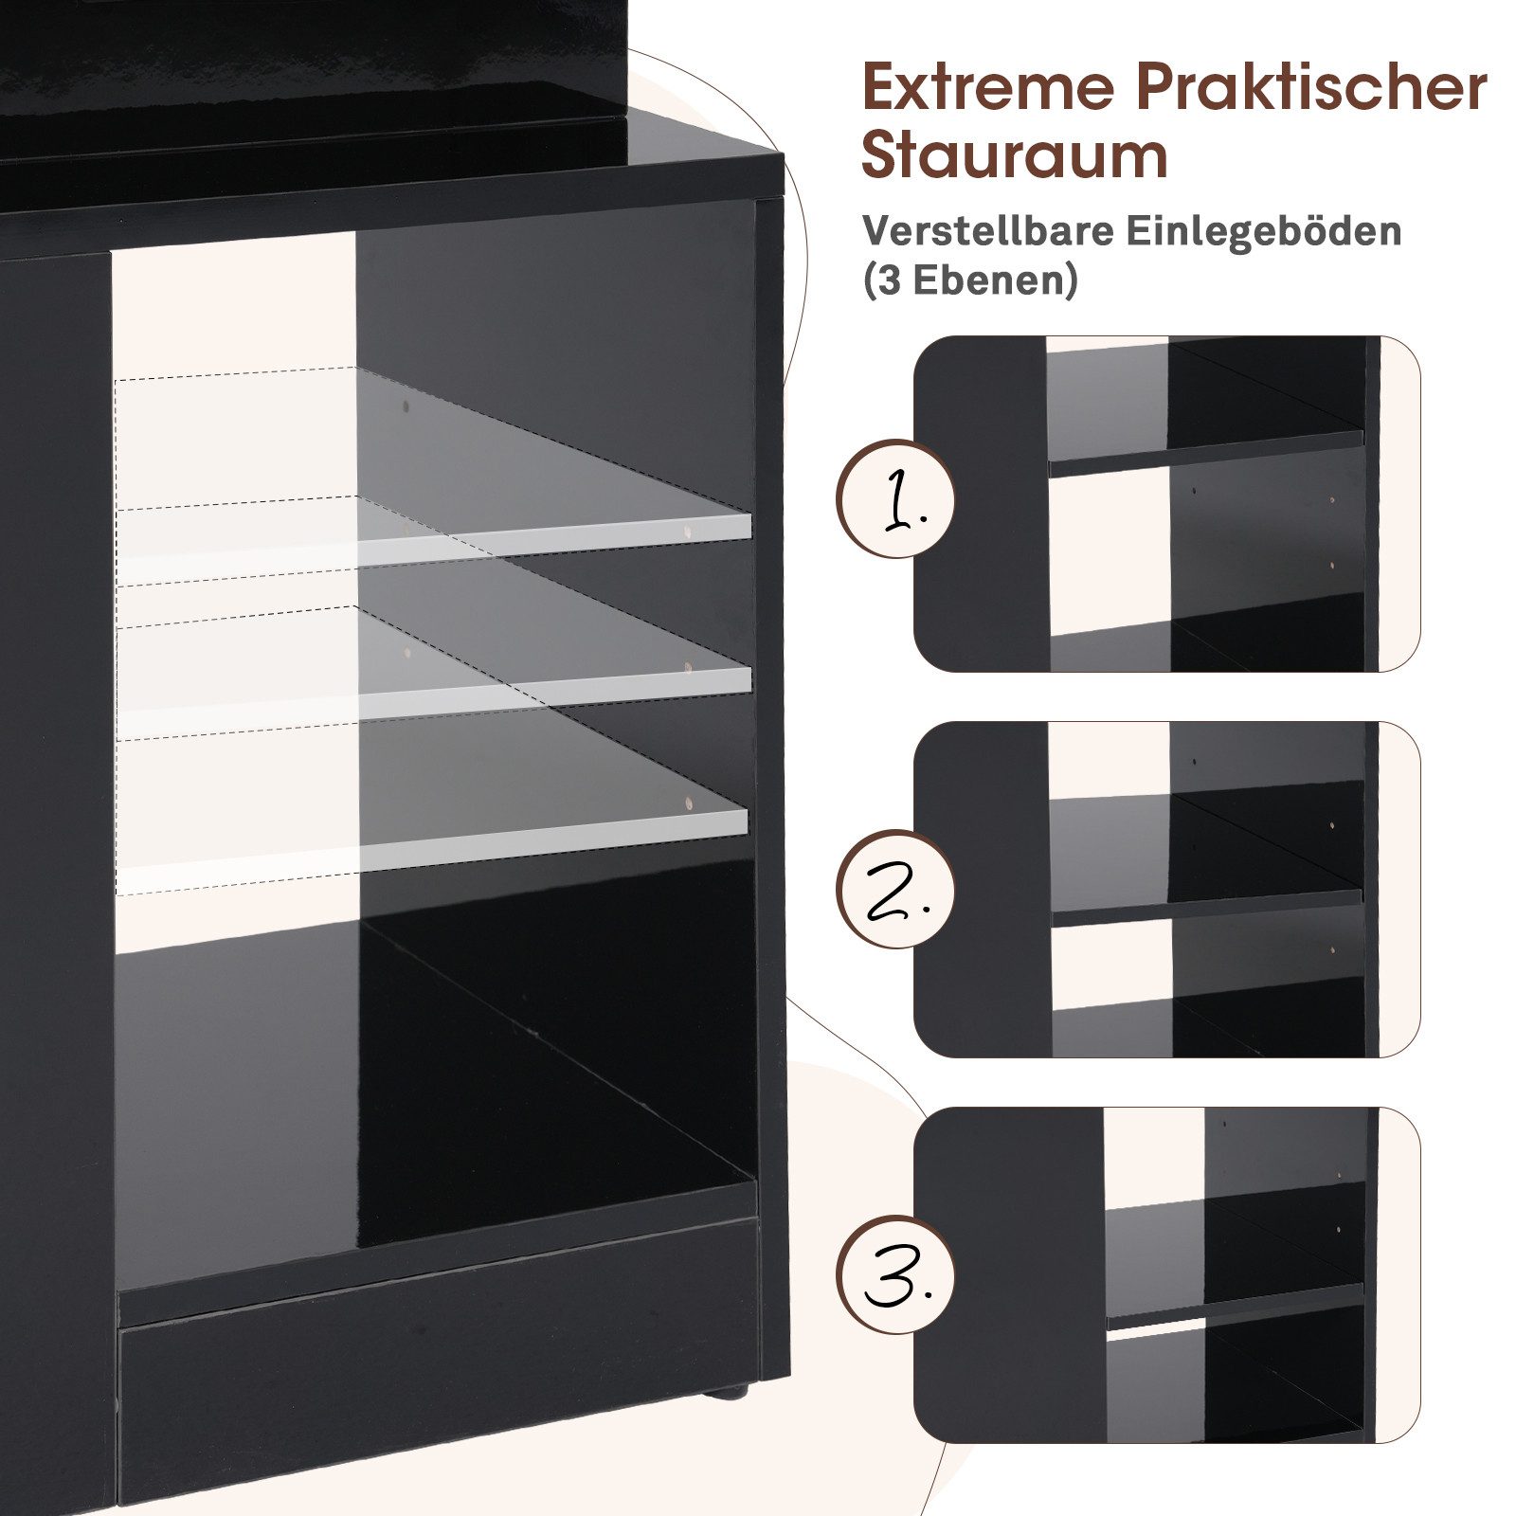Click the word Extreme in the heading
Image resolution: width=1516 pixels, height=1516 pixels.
(989, 87)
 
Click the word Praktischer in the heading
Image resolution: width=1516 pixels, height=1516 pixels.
(1311, 87)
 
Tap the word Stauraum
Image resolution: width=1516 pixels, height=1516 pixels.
(1014, 156)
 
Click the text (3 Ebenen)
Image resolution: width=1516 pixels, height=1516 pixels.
(969, 280)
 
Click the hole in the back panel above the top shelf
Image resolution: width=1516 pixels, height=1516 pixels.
(406, 407)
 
